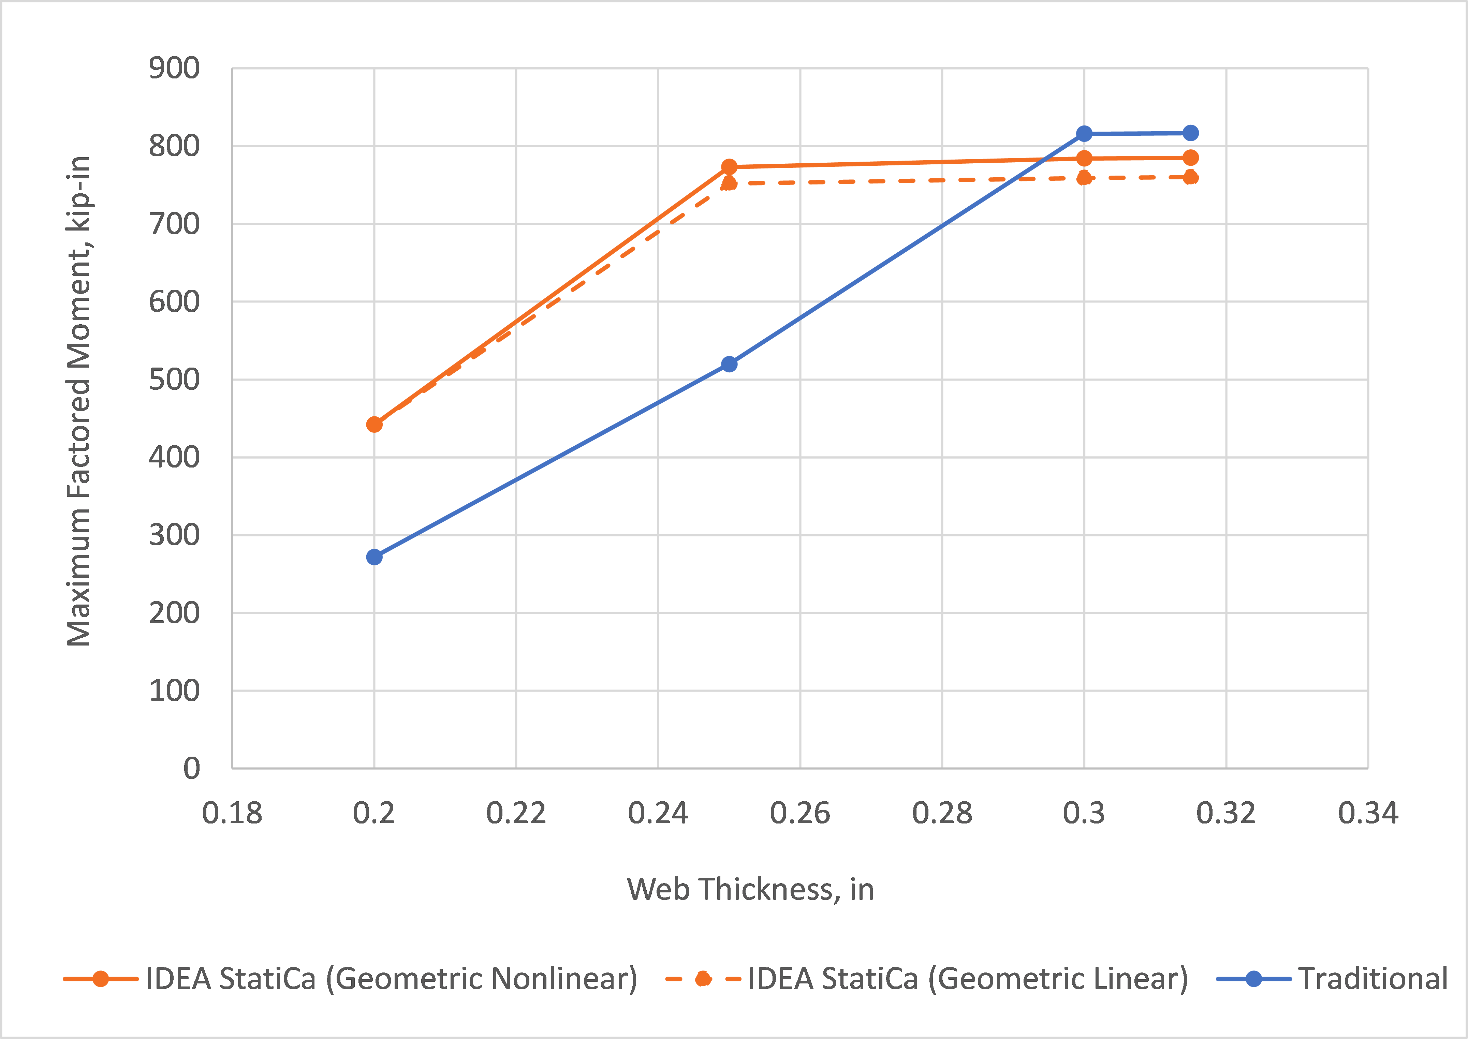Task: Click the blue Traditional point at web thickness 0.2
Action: click(x=375, y=557)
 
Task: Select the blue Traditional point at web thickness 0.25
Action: click(x=729, y=364)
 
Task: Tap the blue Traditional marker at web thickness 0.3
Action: click(x=1084, y=134)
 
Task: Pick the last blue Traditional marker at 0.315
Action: click(x=1190, y=133)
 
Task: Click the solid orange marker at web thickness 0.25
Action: click(x=729, y=167)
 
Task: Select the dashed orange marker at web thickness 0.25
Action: click(x=729, y=183)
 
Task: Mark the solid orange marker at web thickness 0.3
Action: click(x=1084, y=158)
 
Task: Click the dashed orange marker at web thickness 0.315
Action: click(x=1190, y=177)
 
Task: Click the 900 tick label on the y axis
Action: click(x=174, y=69)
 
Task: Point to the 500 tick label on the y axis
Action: click(x=174, y=380)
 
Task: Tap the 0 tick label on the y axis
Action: click(x=191, y=768)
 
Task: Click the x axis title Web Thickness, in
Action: click(x=750, y=889)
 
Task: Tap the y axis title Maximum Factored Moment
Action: click(x=79, y=401)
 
